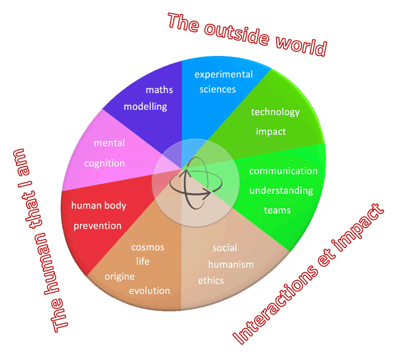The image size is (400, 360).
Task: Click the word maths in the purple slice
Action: (159, 90)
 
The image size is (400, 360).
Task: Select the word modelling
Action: (145, 107)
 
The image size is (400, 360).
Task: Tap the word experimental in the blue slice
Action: (224, 75)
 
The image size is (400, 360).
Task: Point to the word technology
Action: (275, 112)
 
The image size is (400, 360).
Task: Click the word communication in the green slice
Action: (283, 171)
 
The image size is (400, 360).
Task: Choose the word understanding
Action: (281, 191)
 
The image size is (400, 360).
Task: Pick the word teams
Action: (277, 210)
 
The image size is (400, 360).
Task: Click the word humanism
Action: (231, 264)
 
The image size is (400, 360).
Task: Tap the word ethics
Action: (211, 280)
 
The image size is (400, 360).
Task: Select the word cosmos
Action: (147, 247)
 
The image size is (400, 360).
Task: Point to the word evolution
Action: (150, 291)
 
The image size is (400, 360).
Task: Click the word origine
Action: (119, 277)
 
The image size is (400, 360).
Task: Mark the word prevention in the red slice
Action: (97, 226)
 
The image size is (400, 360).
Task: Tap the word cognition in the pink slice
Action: (104, 163)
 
